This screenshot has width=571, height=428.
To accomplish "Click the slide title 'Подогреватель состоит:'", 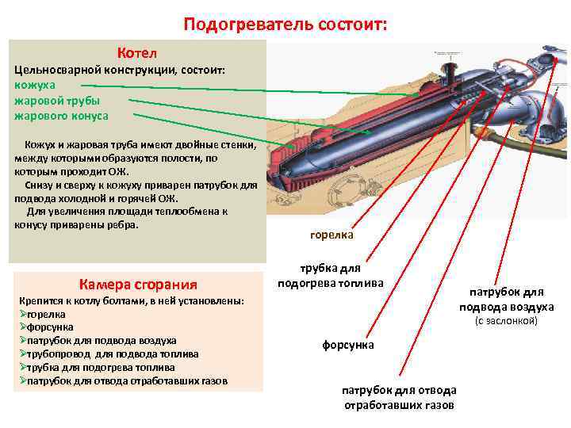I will coord(285,24).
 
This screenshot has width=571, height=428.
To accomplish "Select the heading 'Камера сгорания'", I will coord(138,284).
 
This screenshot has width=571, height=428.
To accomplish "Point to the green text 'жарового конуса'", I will coord(61,116).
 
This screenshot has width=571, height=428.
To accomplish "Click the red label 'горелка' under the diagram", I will coord(331,235).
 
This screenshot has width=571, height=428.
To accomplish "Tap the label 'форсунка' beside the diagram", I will coord(347,345).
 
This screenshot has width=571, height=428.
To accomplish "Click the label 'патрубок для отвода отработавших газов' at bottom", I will coord(398,397).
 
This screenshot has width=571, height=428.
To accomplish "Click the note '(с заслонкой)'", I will coord(505,321).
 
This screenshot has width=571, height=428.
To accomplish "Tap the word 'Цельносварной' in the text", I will coord(49,71).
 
